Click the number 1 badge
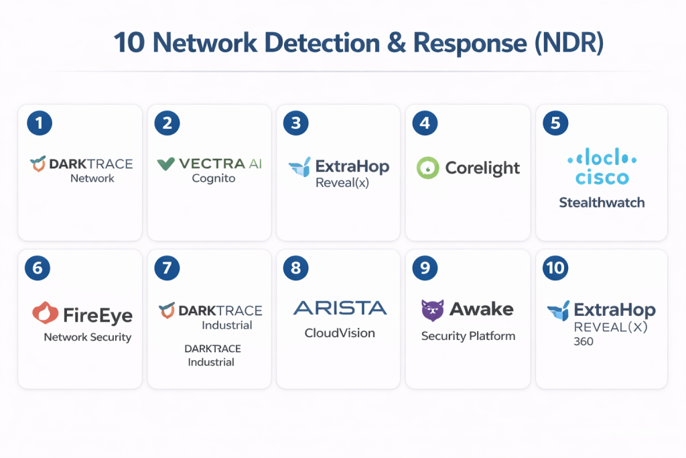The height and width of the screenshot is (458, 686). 40,123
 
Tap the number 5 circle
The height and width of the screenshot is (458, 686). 556,123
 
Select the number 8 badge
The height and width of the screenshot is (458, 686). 296,269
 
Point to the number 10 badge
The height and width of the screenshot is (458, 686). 556,269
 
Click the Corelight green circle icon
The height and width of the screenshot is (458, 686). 427,168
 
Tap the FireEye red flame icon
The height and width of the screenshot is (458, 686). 44,313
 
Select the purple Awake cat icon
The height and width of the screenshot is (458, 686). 432,309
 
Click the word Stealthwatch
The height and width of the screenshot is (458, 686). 602,202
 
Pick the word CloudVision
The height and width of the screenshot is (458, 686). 340,333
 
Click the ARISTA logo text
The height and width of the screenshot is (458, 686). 340,308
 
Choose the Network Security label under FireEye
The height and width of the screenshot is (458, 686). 88,337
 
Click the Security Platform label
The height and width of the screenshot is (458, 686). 468,336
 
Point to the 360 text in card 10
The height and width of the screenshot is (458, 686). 584,341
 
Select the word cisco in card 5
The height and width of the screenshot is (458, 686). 602,177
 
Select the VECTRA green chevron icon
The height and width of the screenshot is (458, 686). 166,163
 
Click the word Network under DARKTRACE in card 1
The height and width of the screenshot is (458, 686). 92,178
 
